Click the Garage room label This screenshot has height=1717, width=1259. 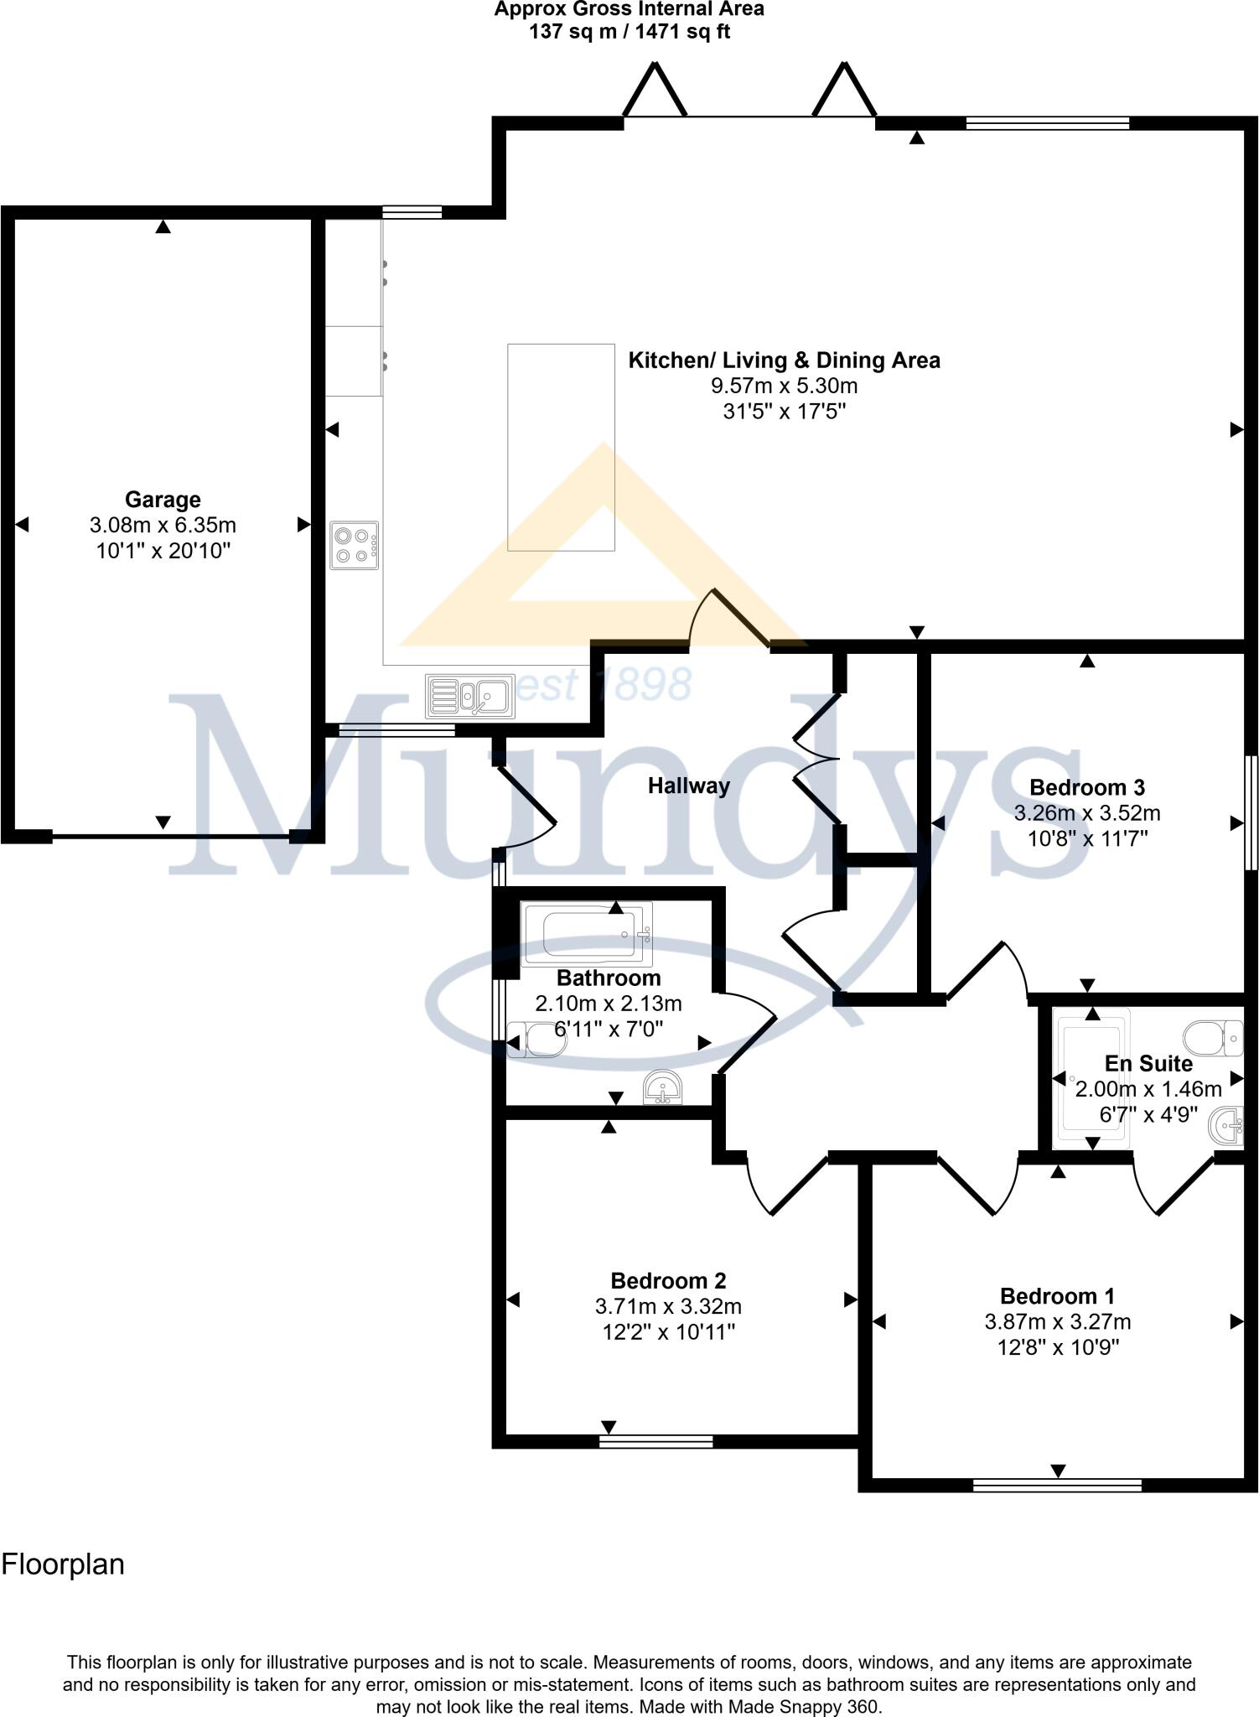coord(163,500)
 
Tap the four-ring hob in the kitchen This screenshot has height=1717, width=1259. coord(354,546)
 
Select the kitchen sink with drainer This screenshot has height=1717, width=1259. coord(470,697)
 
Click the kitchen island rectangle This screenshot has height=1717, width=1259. coord(561,447)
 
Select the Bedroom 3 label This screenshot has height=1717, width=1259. coord(1086,787)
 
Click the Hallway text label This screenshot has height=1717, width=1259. coord(688,786)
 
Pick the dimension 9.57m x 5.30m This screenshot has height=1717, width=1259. coord(784,386)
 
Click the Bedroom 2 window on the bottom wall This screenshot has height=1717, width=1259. coord(656,1441)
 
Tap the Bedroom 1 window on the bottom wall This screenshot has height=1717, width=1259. coord(1057,1486)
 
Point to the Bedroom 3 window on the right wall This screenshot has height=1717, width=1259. coord(1251,812)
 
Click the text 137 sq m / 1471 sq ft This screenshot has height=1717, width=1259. coord(629,32)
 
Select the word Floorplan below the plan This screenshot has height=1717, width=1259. coord(63,1564)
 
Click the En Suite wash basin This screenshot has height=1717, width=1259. coord(1228,1125)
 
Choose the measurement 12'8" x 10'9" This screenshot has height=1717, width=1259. coord(1057,1347)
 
